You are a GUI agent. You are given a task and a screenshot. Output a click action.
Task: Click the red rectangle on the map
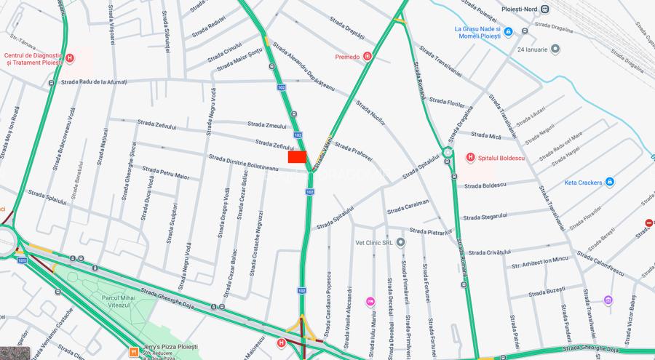297,156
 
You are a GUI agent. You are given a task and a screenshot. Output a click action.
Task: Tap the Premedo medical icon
368,56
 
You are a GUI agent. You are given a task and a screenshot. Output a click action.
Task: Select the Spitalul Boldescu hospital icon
470,156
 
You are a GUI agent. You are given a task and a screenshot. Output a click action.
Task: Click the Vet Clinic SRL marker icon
400,241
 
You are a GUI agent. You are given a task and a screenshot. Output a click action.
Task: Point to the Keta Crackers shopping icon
609,182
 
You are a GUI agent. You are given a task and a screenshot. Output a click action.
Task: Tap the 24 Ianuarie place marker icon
555,49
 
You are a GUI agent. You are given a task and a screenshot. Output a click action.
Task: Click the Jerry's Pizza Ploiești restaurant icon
133,351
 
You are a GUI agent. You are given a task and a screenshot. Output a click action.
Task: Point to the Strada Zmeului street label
266,125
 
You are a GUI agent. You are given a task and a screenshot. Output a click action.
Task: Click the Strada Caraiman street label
408,209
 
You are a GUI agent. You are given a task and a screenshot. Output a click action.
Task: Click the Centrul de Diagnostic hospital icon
70,58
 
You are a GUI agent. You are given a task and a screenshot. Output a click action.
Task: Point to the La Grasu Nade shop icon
508,31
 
